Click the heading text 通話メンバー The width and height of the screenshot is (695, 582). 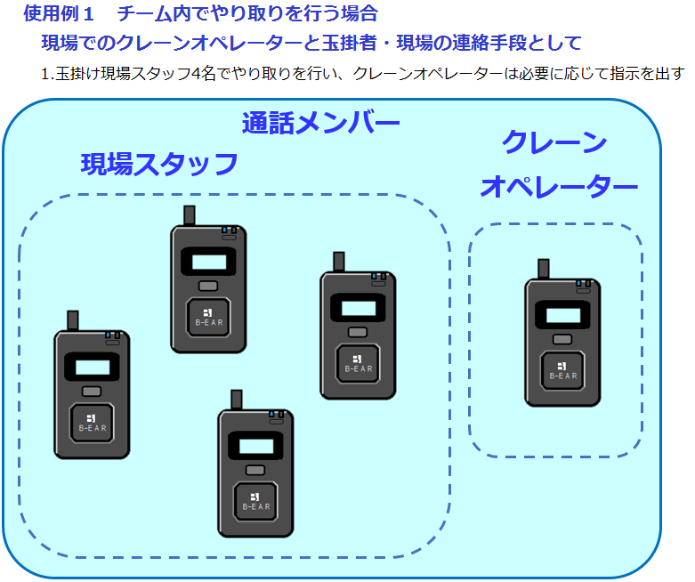(x=320, y=123)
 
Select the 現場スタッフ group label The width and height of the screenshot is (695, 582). (x=159, y=164)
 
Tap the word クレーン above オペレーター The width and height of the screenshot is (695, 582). (x=554, y=142)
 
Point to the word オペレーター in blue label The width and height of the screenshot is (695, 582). (x=559, y=186)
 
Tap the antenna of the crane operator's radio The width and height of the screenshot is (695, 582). (x=543, y=269)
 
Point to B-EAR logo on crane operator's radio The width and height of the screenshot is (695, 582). (x=562, y=369)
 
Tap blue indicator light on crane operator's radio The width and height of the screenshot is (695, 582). (x=579, y=283)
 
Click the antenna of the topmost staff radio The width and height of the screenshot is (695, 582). (x=190, y=215)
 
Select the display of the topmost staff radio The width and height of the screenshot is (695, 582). (x=208, y=261)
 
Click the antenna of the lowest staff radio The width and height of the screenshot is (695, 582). (x=237, y=400)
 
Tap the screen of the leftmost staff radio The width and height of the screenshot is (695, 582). (x=92, y=366)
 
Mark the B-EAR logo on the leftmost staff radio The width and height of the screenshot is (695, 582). (x=92, y=420)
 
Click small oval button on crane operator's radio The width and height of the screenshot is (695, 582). (x=562, y=339)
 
